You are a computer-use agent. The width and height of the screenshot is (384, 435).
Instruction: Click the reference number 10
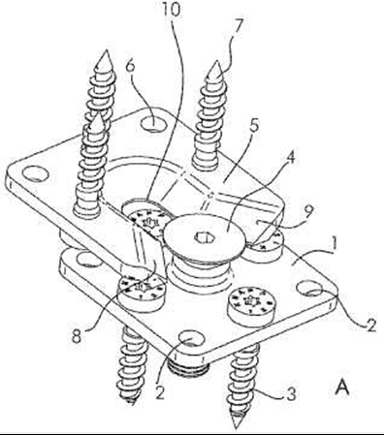(x=171, y=10)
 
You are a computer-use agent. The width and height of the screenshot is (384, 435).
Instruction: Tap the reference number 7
(x=238, y=27)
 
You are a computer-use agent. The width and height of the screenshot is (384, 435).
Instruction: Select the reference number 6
(x=130, y=67)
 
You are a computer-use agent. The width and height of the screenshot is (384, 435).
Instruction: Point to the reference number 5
(x=254, y=127)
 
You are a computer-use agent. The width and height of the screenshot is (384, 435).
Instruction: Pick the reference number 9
(x=308, y=212)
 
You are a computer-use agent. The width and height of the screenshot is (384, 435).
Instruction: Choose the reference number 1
(x=335, y=243)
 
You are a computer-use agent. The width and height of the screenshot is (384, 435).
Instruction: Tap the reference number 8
(x=77, y=337)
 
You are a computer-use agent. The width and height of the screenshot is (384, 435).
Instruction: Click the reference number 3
(x=291, y=394)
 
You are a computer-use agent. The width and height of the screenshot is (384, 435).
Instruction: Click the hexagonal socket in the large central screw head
(x=204, y=238)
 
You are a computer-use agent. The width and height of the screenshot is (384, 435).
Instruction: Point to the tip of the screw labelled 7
(x=216, y=61)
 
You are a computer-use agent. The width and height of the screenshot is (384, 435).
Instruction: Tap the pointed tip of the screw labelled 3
(x=237, y=428)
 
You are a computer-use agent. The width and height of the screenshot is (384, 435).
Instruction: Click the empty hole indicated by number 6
(x=153, y=124)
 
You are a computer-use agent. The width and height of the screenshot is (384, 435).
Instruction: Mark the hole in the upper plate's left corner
(x=36, y=173)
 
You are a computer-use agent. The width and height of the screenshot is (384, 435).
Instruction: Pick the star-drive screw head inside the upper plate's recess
(x=147, y=219)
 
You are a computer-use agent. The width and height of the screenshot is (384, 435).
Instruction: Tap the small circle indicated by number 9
(x=258, y=222)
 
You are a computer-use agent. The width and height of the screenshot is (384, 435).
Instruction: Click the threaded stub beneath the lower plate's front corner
(x=189, y=368)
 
